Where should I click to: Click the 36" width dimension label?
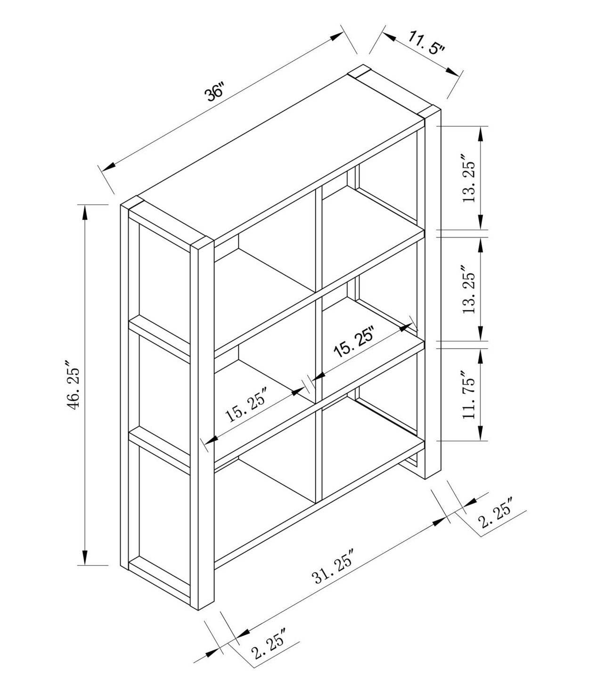[213, 93]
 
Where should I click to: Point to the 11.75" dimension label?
[469, 395]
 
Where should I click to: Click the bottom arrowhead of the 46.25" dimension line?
[84, 557]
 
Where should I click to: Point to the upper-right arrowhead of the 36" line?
[336, 36]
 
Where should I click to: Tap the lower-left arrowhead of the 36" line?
[109, 166]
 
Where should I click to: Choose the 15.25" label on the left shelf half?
[246, 404]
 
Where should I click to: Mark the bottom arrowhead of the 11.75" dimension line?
[481, 432]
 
